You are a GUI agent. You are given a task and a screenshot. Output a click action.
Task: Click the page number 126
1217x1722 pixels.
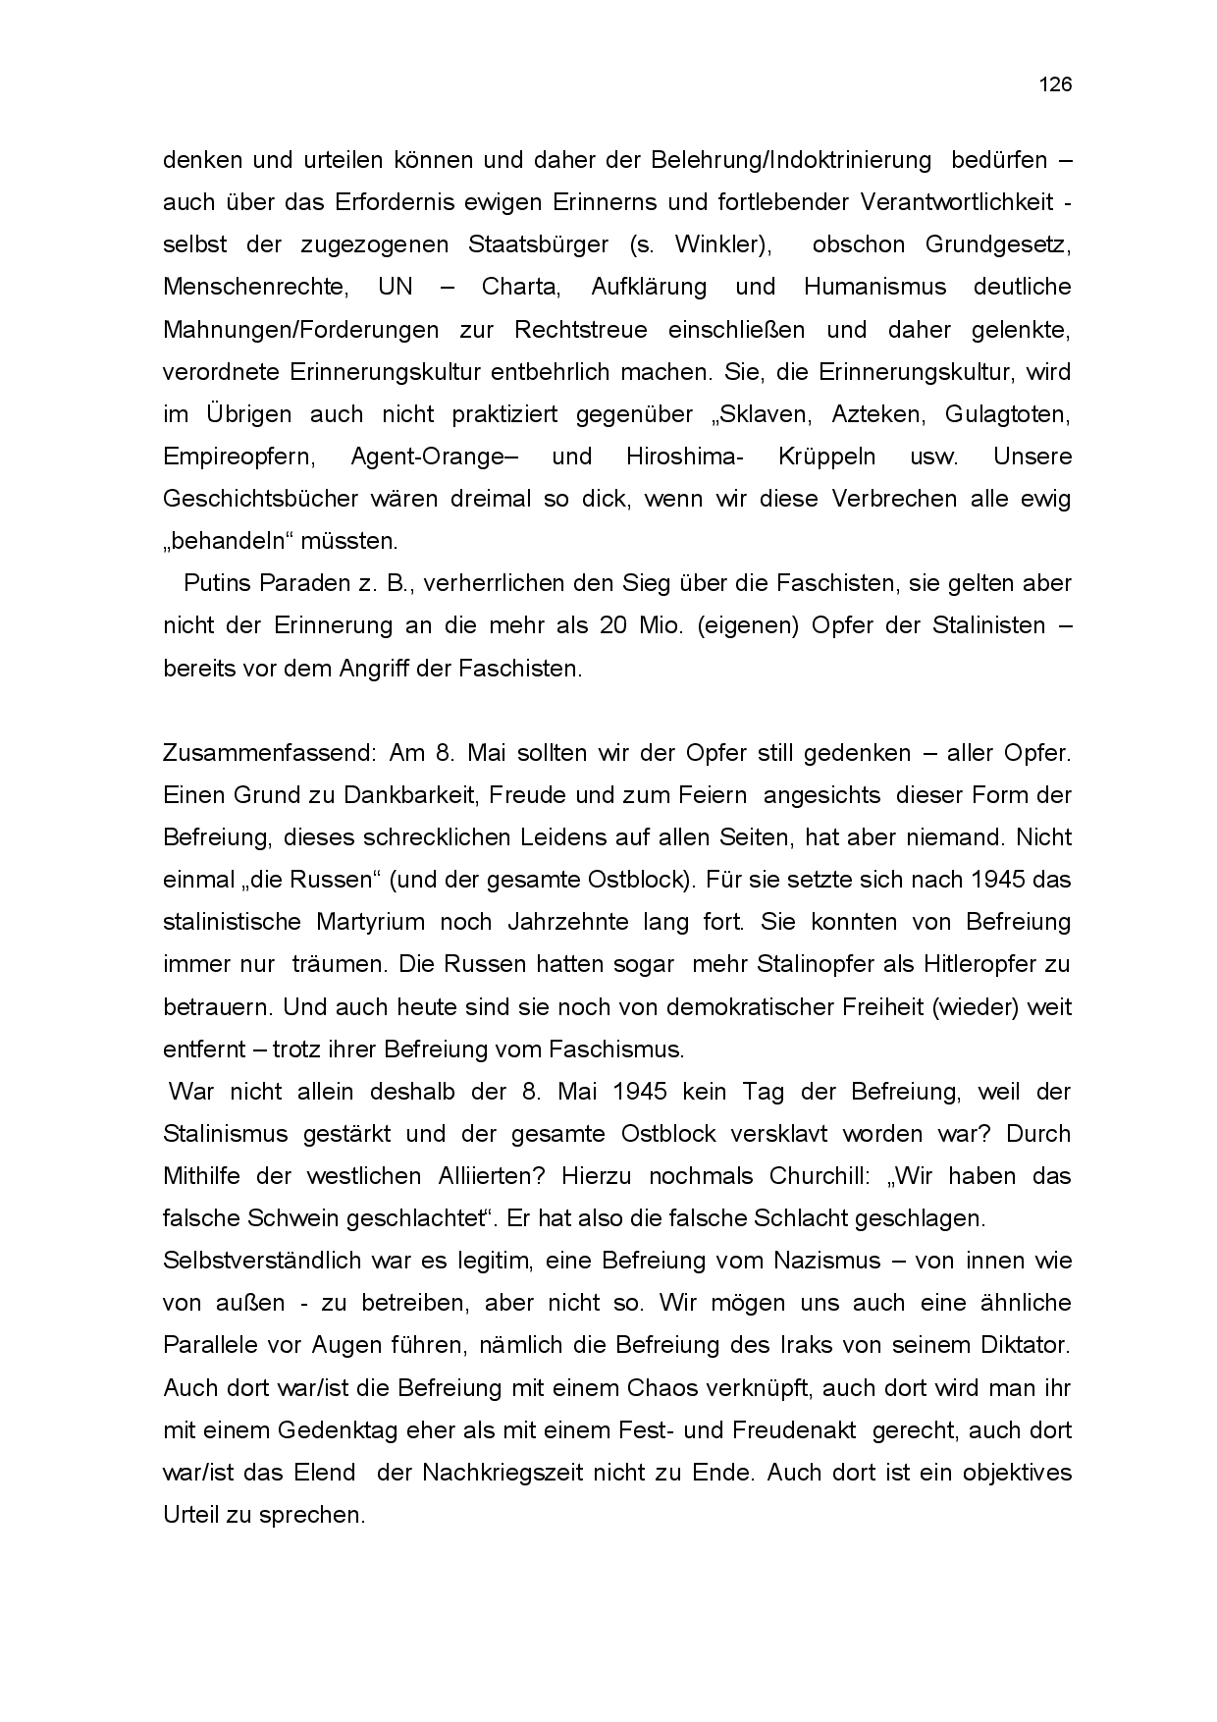[1055, 84]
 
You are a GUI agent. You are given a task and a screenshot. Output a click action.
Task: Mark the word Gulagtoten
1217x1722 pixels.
[1007, 414]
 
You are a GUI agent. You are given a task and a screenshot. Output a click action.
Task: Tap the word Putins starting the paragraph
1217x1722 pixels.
[218, 583]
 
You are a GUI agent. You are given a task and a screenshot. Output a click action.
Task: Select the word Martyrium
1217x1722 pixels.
[371, 922]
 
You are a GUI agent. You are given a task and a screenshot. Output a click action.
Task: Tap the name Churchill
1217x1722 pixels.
[811, 1176]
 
